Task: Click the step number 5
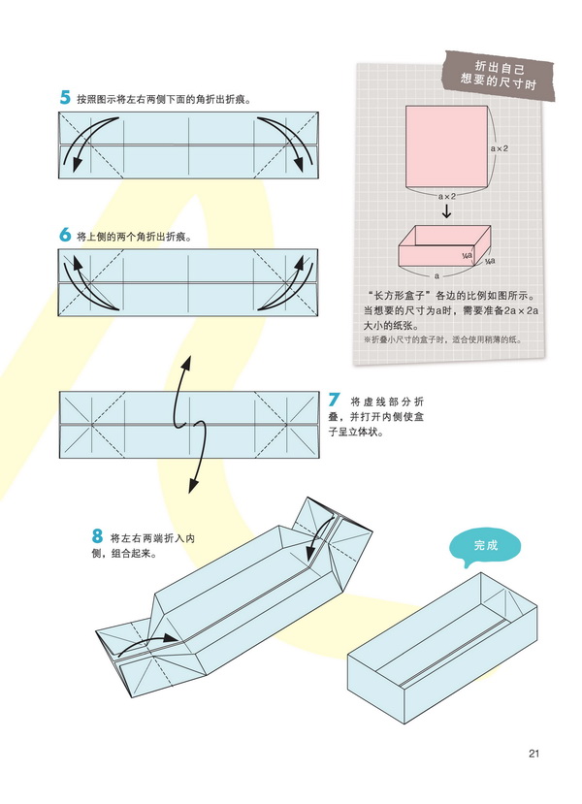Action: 65,97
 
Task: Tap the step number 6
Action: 65,235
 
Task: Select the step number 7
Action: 334,399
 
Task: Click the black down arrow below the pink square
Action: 447,209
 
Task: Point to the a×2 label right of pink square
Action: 501,147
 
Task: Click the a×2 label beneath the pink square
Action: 446,195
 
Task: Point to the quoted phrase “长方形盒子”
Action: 400,295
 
